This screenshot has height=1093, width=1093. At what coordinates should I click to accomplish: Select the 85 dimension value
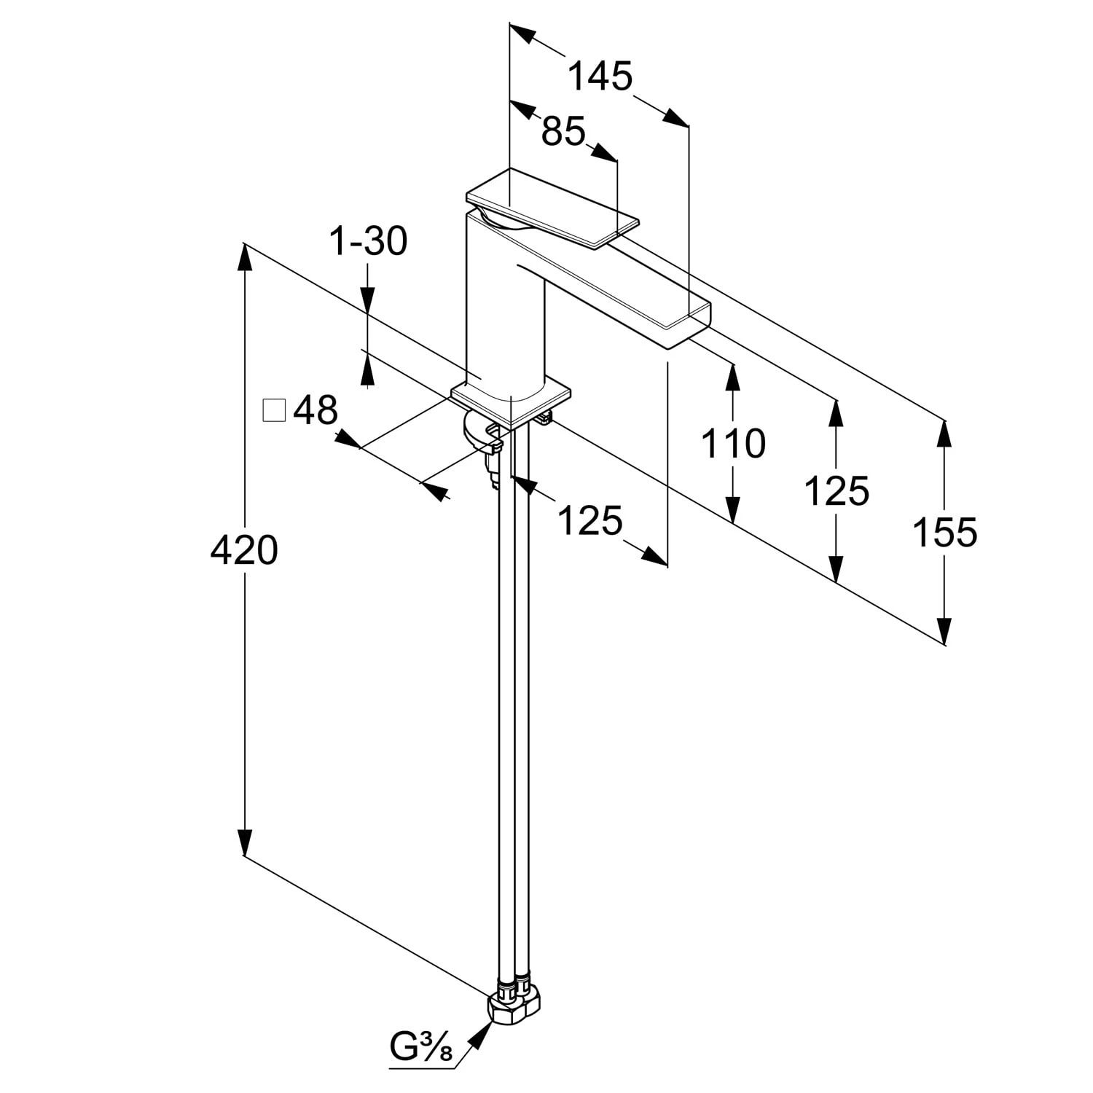(564, 132)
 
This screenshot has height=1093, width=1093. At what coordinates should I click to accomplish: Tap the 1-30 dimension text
(368, 241)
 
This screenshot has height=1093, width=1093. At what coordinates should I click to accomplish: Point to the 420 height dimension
(244, 550)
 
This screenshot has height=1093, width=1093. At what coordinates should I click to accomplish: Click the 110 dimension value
(733, 443)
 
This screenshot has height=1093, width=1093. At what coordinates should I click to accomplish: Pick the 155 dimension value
(944, 532)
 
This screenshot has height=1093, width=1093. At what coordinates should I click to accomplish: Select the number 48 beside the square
(316, 411)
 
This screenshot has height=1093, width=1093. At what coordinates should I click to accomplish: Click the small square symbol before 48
(274, 411)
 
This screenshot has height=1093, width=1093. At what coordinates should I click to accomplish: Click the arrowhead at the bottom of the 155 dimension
(944, 630)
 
